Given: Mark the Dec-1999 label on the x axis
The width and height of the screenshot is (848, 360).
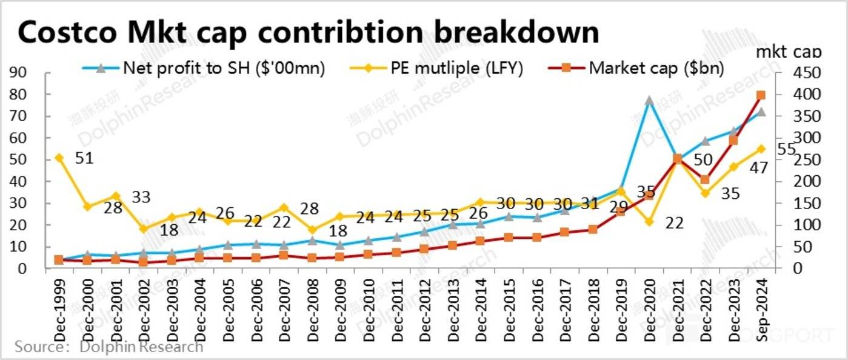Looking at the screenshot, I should pyautogui.click(x=59, y=303).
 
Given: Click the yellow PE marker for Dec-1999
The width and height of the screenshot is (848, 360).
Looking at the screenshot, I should pyautogui.click(x=59, y=158).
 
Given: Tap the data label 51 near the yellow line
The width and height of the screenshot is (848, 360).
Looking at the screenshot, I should pyautogui.click(x=84, y=159).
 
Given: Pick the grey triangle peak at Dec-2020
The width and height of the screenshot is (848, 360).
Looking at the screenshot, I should pyautogui.click(x=649, y=101).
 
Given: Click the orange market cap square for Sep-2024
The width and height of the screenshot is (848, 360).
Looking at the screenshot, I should pyautogui.click(x=761, y=95).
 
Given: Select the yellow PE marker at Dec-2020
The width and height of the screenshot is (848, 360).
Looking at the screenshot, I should pyautogui.click(x=649, y=222).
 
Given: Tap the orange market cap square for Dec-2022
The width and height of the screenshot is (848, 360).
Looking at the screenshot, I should pyautogui.click(x=705, y=179).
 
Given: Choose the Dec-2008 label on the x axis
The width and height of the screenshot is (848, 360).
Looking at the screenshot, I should pyautogui.click(x=312, y=303).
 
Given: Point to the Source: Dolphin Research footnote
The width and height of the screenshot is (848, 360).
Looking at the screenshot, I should pyautogui.click(x=109, y=347).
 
